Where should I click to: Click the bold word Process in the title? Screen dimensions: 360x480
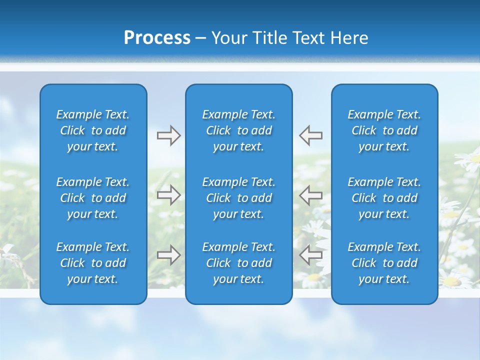pos(157,38)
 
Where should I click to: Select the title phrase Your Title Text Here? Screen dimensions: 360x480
pos(290,38)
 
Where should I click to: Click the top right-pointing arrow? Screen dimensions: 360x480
pos(168,135)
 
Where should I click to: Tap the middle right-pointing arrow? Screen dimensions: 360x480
pos(168,195)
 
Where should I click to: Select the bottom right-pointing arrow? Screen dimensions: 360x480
pos(168,255)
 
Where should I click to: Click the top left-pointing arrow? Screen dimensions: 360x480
pos(310,135)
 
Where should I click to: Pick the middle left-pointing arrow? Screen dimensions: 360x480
pos(310,195)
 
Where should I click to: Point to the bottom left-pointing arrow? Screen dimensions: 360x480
pos(310,255)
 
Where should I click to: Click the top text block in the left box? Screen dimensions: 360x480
pos(93,130)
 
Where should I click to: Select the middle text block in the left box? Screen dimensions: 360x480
pos(93,198)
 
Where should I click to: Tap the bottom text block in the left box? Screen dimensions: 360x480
pos(93,263)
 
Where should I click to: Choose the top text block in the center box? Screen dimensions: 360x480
pos(239,130)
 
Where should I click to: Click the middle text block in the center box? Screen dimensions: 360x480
pos(239,198)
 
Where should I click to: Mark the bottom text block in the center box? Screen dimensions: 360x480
pos(239,263)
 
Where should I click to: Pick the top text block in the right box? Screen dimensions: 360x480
pos(384,130)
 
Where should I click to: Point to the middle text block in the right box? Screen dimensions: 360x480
pos(384,198)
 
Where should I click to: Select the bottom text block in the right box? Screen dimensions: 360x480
pos(384,263)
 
